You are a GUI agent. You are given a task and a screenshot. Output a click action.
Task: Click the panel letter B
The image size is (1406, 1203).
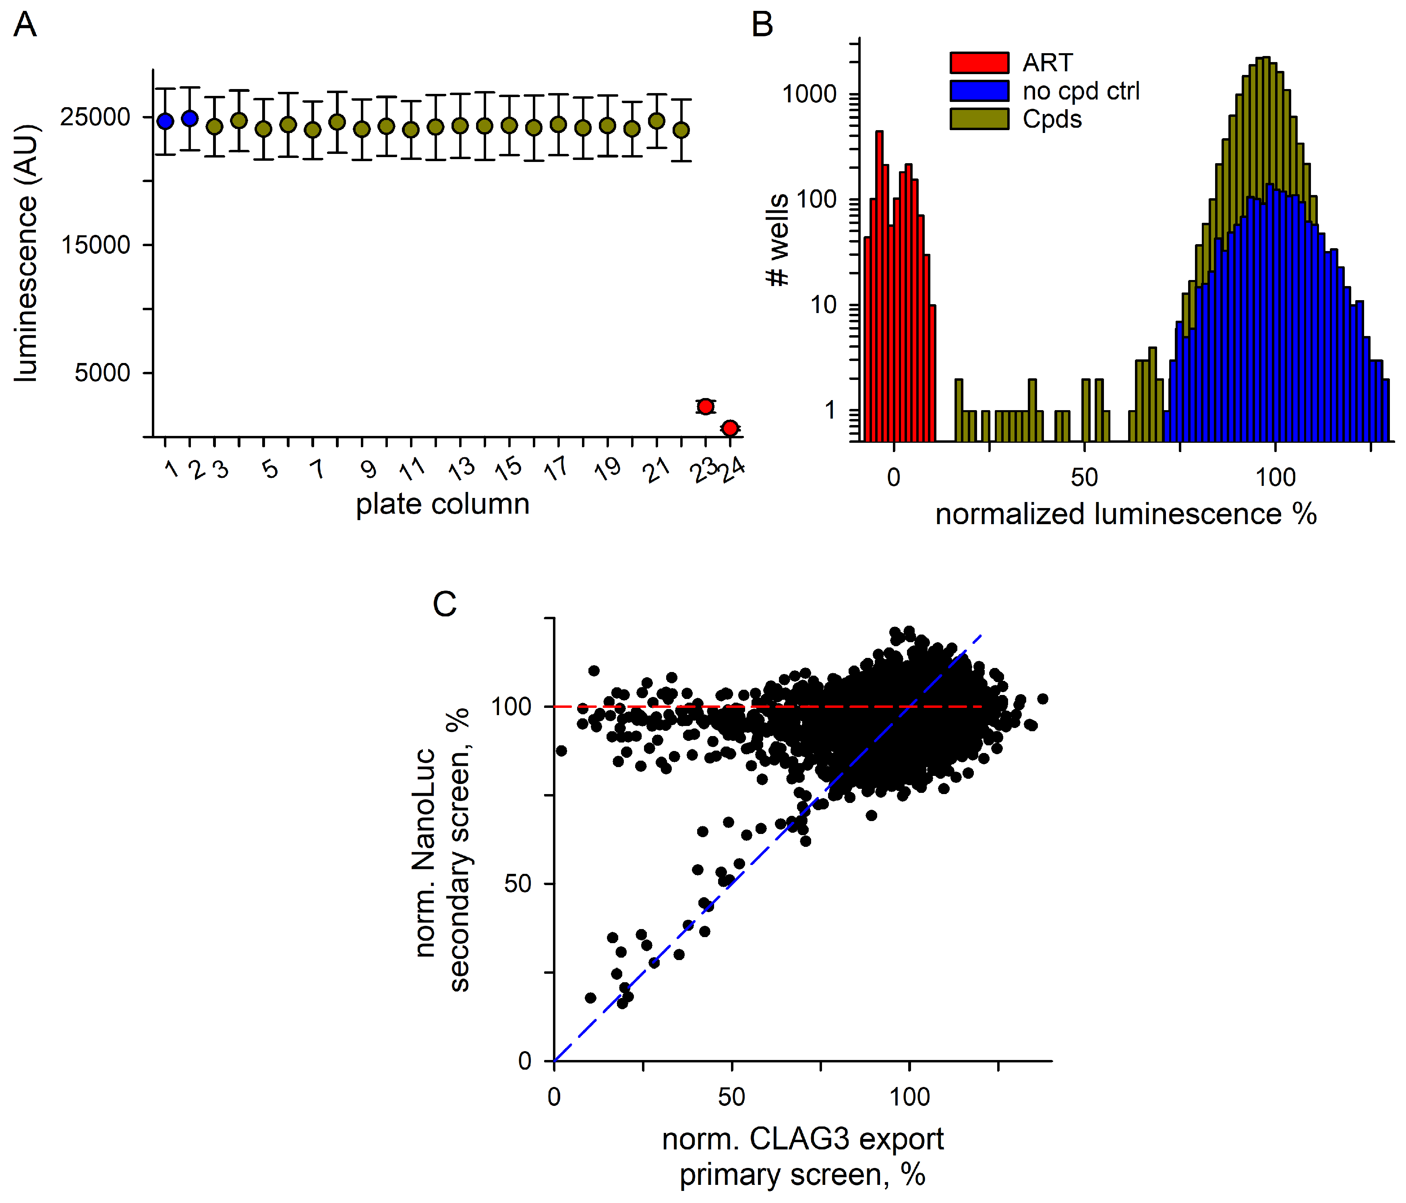coord(763,25)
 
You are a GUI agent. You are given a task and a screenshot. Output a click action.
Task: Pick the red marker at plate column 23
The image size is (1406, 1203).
coord(706,406)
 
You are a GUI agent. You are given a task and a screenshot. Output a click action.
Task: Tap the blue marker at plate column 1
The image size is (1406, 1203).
coord(165,121)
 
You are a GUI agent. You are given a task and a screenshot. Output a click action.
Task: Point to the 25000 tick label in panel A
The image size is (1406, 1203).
coord(95,117)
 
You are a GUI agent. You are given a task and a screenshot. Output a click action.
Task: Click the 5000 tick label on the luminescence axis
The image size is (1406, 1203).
coord(102,373)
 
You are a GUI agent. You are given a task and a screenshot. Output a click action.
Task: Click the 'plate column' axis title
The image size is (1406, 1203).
coord(443,504)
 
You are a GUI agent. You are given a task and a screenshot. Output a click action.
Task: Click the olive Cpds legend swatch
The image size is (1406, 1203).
coord(979,119)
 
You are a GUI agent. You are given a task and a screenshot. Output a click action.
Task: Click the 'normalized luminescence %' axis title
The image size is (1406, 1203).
coord(1126,514)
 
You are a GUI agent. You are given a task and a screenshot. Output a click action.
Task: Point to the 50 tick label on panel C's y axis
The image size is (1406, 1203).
coord(518,884)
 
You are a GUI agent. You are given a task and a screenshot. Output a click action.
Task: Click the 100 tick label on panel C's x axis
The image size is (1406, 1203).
coord(909,1096)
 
